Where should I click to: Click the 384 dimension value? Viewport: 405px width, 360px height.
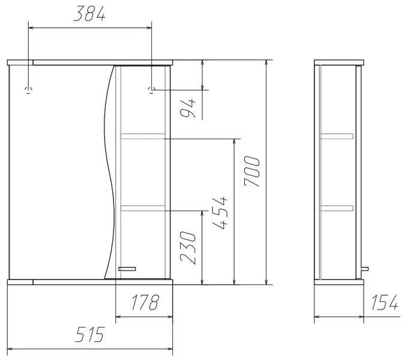tap(89, 14)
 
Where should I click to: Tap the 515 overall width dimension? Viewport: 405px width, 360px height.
tap(90, 334)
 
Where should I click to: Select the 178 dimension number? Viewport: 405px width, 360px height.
tap(145, 302)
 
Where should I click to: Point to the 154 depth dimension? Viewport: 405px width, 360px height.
tap(385, 302)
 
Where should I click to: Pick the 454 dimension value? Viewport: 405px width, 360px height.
tap(220, 213)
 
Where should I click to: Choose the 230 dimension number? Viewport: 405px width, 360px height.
tap(188, 248)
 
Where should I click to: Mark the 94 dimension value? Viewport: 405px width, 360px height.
tap(188, 108)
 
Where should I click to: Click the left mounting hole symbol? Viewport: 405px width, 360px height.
tap(28, 90)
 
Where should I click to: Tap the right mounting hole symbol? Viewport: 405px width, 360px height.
tap(152, 90)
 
